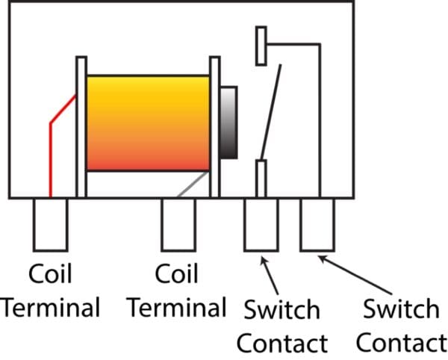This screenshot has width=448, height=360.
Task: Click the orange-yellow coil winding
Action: [x=148, y=122]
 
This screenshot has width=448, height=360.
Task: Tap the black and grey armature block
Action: [x=228, y=122]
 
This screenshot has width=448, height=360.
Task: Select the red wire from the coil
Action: [x=51, y=149]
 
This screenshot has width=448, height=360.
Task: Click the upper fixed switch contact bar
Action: [x=261, y=46]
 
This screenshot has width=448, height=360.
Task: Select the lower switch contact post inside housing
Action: [x=261, y=177]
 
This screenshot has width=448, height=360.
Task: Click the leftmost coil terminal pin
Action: [x=50, y=224]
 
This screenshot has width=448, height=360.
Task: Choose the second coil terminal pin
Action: [x=179, y=224]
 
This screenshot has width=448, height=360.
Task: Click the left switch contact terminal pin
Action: [x=261, y=224]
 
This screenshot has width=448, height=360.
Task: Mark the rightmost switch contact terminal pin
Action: [x=317, y=224]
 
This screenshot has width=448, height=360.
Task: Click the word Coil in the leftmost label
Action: [x=50, y=274]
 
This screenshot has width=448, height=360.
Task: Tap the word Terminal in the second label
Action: [x=175, y=307]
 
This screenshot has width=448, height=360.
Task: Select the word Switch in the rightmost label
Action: [x=399, y=308]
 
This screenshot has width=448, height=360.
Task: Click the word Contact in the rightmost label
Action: [x=402, y=343]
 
